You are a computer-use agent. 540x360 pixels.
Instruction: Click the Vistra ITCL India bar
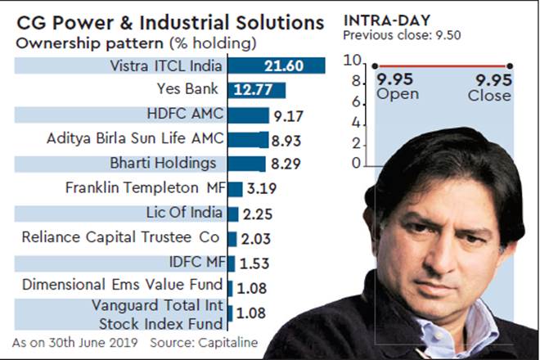click(276, 65)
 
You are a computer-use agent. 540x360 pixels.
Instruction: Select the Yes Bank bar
click(256, 90)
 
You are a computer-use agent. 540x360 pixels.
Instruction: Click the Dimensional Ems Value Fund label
click(123, 286)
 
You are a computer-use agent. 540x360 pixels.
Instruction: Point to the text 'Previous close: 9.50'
click(397, 35)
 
